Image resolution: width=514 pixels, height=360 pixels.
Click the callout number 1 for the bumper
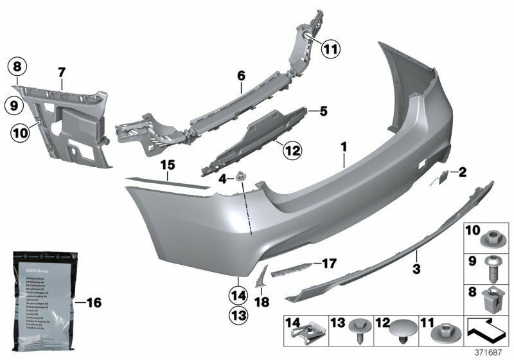344,147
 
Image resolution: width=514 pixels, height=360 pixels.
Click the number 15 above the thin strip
168,165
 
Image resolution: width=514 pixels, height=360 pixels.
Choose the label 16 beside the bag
94,302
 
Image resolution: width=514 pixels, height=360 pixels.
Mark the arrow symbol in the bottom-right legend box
486,329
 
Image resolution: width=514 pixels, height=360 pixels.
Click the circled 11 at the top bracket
331,48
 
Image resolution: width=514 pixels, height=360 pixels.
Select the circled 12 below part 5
292,150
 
